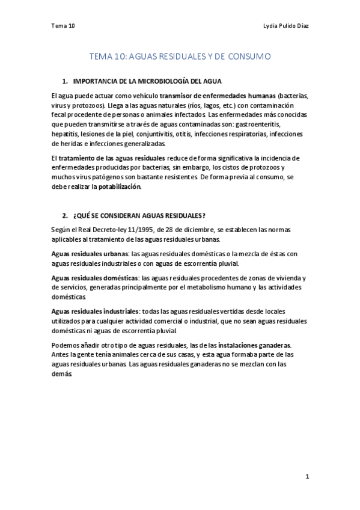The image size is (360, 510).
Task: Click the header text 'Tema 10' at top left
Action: (63, 26)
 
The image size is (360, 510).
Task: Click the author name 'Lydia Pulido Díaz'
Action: (287, 26)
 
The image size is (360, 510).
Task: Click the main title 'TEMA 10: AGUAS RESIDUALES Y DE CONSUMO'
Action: (180, 57)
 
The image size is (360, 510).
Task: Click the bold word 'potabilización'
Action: (120, 186)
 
